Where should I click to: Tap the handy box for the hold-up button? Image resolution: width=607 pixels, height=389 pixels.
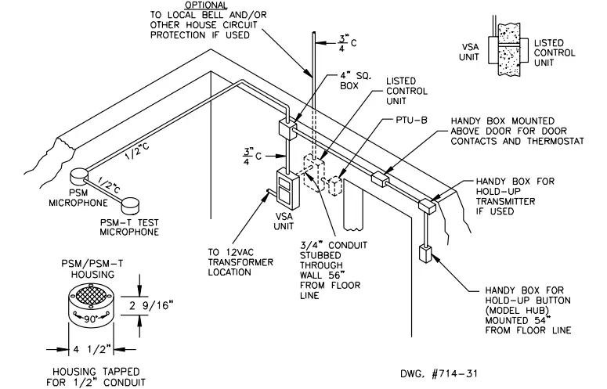click(426, 254)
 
